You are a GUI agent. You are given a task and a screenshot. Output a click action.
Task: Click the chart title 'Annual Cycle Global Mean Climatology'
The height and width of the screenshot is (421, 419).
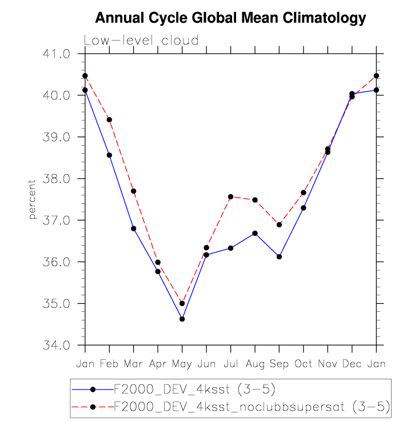pos(230,18)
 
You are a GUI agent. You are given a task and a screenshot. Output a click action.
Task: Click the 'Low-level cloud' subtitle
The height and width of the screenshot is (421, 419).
pos(141,41)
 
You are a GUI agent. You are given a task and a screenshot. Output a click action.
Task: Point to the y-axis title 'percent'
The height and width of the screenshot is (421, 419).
pos(33,199)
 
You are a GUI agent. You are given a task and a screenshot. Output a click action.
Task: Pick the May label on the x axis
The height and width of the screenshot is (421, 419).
pos(182,364)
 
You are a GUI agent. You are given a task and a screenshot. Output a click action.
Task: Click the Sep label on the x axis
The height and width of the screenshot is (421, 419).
pos(279,364)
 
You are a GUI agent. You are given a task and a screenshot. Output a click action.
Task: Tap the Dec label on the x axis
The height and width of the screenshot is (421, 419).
pos(352,364)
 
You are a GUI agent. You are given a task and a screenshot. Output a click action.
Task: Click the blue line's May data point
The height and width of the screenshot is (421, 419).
pos(182,319)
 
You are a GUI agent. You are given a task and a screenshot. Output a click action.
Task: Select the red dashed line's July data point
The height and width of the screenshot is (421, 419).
pos(230,197)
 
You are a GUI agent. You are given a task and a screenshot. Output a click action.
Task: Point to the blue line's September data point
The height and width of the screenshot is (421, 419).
pos(279,256)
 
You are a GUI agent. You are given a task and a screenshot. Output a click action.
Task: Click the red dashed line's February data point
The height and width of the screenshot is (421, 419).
pos(109,119)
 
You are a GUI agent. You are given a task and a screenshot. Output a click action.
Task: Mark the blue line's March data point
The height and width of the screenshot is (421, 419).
pos(133,228)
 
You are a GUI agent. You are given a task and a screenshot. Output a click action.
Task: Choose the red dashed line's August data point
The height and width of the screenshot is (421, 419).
pos(255,200)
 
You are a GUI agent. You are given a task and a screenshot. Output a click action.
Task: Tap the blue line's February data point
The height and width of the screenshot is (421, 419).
pos(109,155)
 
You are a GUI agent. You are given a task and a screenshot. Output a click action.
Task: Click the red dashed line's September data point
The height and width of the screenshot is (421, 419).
pos(279,224)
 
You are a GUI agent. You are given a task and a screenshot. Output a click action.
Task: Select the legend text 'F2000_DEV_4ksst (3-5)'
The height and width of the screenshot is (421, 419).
pos(195,390)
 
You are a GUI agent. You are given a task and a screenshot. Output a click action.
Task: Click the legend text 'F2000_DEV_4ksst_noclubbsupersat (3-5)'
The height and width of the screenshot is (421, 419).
pos(252,406)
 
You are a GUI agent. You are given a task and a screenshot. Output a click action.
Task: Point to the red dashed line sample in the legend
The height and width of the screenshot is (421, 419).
pos(93,406)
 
